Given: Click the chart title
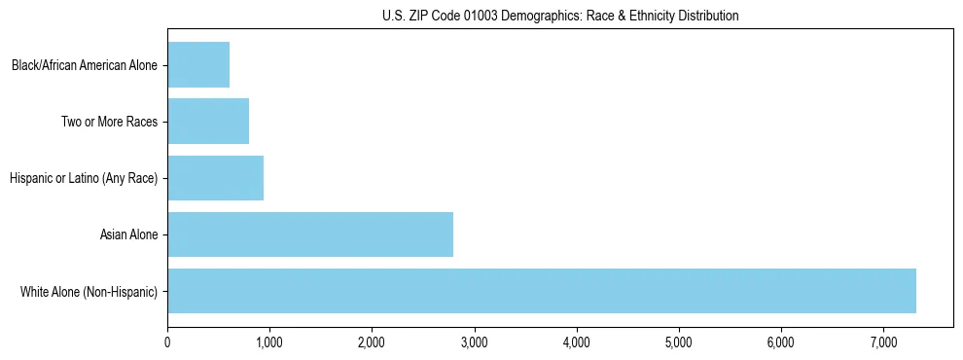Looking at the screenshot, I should coord(559,16).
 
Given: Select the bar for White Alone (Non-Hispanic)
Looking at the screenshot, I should coord(542,291).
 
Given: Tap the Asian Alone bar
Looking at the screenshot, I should coord(310,234).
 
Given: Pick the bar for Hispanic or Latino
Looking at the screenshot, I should coord(216,178).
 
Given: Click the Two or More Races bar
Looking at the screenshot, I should coord(208,122).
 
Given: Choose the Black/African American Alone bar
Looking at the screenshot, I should coord(198,65).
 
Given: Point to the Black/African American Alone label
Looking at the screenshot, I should coord(85,66).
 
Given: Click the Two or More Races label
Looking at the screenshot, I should coord(109,123).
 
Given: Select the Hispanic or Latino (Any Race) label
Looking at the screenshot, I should coord(83,179).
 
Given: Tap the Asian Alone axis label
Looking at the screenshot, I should coord(128,234).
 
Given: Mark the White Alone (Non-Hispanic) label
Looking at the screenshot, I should coord(89,291).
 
